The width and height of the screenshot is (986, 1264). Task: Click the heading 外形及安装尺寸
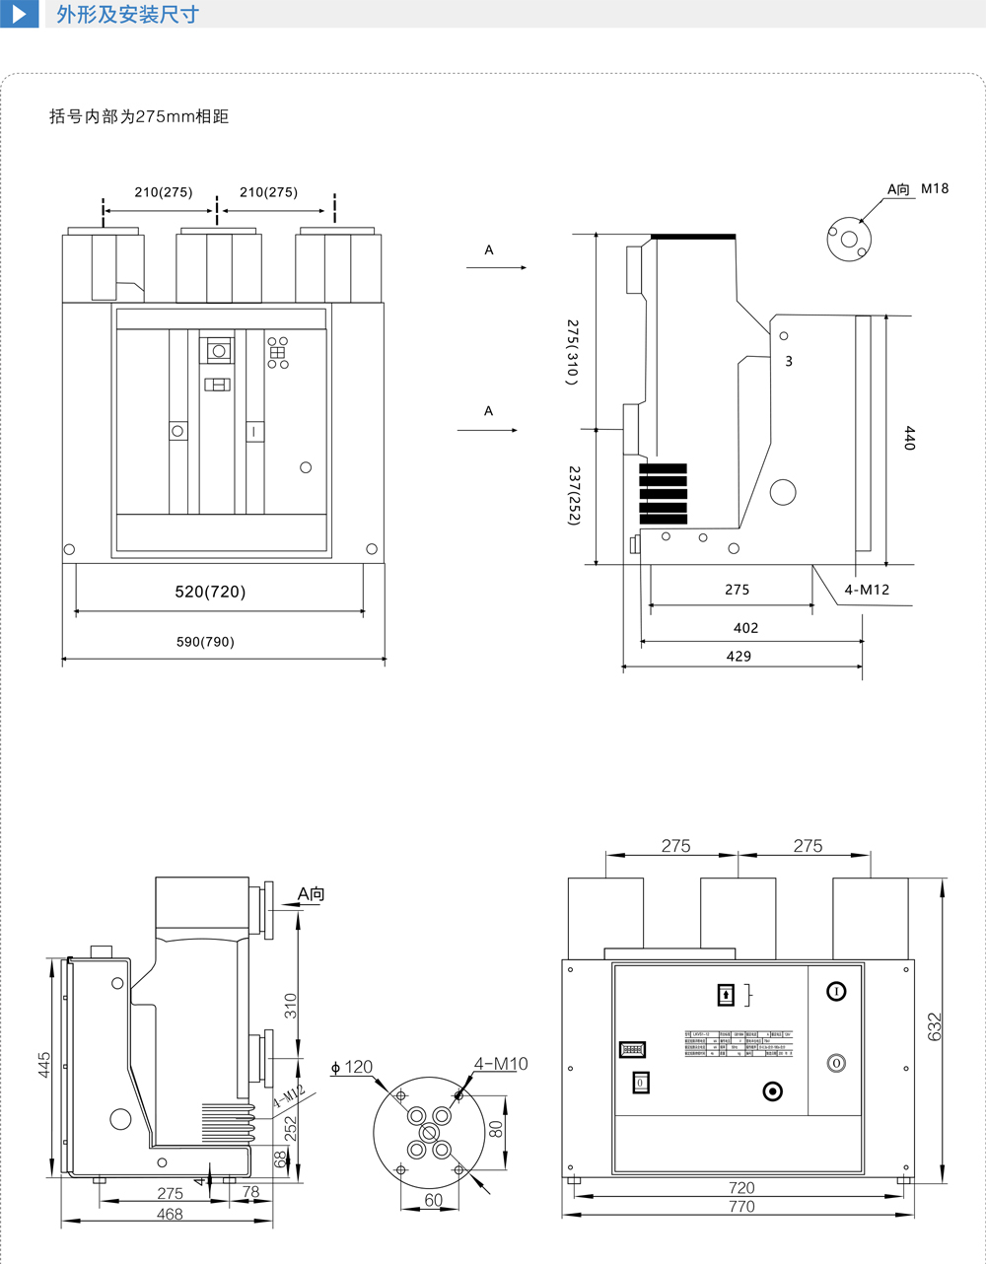click(x=127, y=14)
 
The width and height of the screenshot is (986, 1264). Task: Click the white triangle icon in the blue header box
click(x=19, y=14)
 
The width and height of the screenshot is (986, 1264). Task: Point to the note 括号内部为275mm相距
click(x=139, y=116)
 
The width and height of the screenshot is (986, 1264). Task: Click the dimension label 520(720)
click(x=210, y=592)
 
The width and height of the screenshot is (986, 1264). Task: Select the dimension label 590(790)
click(x=205, y=642)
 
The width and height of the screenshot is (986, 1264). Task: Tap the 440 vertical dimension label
click(x=909, y=439)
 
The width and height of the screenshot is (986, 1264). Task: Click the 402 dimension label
click(x=746, y=627)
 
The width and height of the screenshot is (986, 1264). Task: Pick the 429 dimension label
click(x=739, y=656)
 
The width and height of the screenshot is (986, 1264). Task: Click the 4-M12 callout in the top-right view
click(x=867, y=590)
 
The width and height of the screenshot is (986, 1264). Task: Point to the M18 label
click(x=935, y=188)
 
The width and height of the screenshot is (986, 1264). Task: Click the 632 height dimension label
click(x=935, y=1026)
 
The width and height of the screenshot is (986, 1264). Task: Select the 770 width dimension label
click(x=741, y=1207)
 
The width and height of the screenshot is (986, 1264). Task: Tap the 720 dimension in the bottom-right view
click(x=741, y=1188)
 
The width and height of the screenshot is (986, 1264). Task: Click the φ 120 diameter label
click(x=352, y=1067)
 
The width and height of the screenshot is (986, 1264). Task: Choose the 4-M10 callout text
click(x=501, y=1064)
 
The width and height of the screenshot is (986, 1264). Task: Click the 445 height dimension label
click(x=44, y=1066)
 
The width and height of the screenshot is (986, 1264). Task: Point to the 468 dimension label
click(x=170, y=1214)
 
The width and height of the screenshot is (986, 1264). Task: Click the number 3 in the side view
click(x=789, y=362)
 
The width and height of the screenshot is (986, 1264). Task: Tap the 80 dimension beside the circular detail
click(x=496, y=1127)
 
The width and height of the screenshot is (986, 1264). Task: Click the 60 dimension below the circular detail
click(x=433, y=1200)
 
